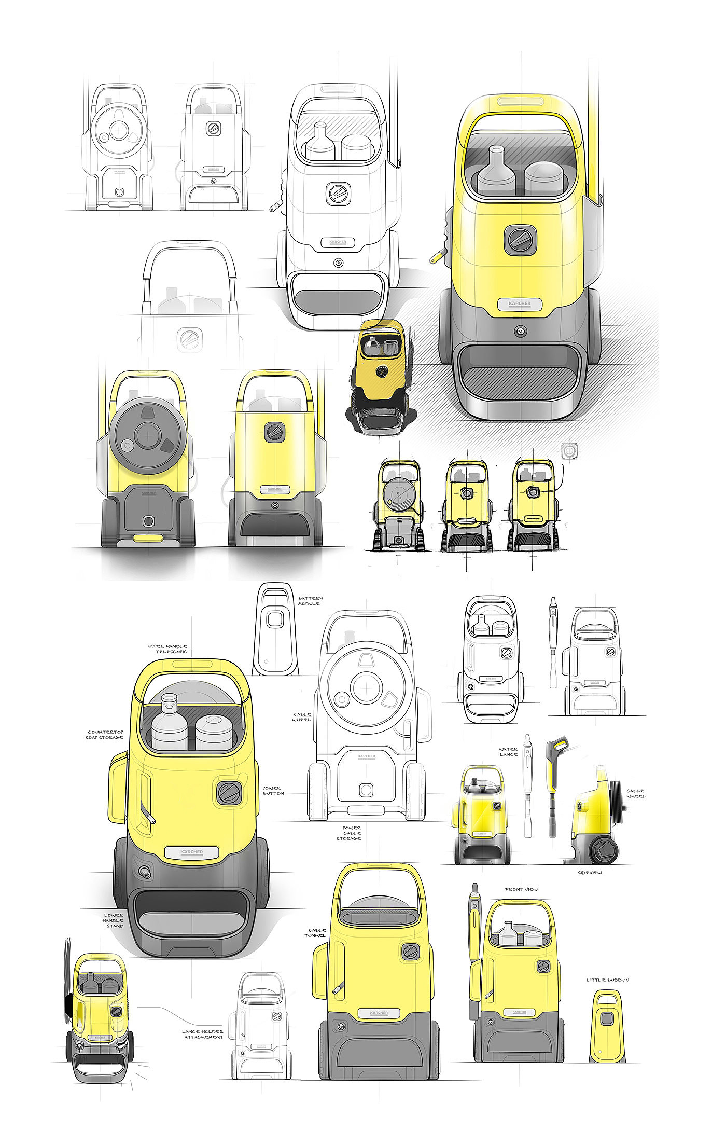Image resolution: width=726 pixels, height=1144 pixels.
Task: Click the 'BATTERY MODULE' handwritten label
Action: (x=310, y=601)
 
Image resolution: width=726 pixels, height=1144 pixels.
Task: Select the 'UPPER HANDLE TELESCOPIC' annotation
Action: (x=167, y=649)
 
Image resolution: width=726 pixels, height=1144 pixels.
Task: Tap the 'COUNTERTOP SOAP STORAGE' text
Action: (x=105, y=735)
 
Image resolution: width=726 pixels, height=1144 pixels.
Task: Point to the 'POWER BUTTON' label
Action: (x=273, y=791)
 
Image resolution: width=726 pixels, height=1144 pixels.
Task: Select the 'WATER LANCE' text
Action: (x=508, y=752)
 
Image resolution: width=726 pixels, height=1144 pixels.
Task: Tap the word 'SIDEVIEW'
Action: (x=590, y=873)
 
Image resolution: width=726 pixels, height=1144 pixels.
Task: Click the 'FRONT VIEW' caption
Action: (x=521, y=890)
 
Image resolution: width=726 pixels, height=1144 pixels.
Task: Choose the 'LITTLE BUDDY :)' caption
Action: (x=607, y=980)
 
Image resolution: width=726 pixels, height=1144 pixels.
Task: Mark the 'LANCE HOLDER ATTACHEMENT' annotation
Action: (x=203, y=1034)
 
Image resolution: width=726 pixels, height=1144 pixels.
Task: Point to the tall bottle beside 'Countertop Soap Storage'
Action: (x=169, y=721)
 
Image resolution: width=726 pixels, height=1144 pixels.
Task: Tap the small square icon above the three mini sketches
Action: (x=569, y=451)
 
